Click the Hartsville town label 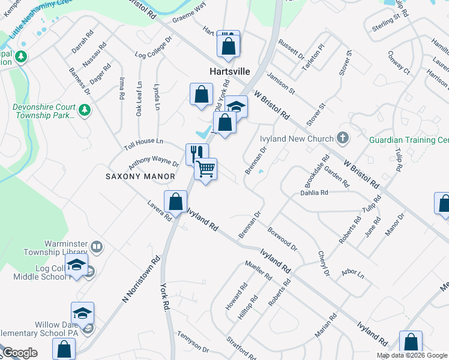[229, 71]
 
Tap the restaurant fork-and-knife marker [197, 154]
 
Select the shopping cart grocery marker [205, 170]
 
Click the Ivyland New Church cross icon [343, 139]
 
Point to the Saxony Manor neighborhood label [140, 176]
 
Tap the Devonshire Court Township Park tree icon [85, 109]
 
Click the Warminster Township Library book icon [96, 247]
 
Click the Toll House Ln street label [143, 142]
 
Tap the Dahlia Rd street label [314, 193]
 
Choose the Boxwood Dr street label [282, 238]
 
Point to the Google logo [20, 353]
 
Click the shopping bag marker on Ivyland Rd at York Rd [175, 202]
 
